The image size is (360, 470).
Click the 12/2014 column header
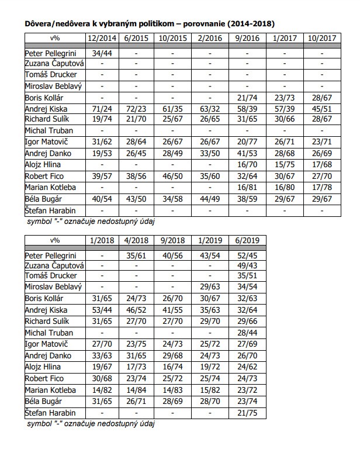coord(101,37)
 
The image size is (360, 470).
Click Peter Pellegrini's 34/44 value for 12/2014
coord(101,53)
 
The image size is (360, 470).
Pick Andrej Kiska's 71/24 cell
coord(101,109)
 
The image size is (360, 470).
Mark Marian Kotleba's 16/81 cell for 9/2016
coord(248,187)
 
